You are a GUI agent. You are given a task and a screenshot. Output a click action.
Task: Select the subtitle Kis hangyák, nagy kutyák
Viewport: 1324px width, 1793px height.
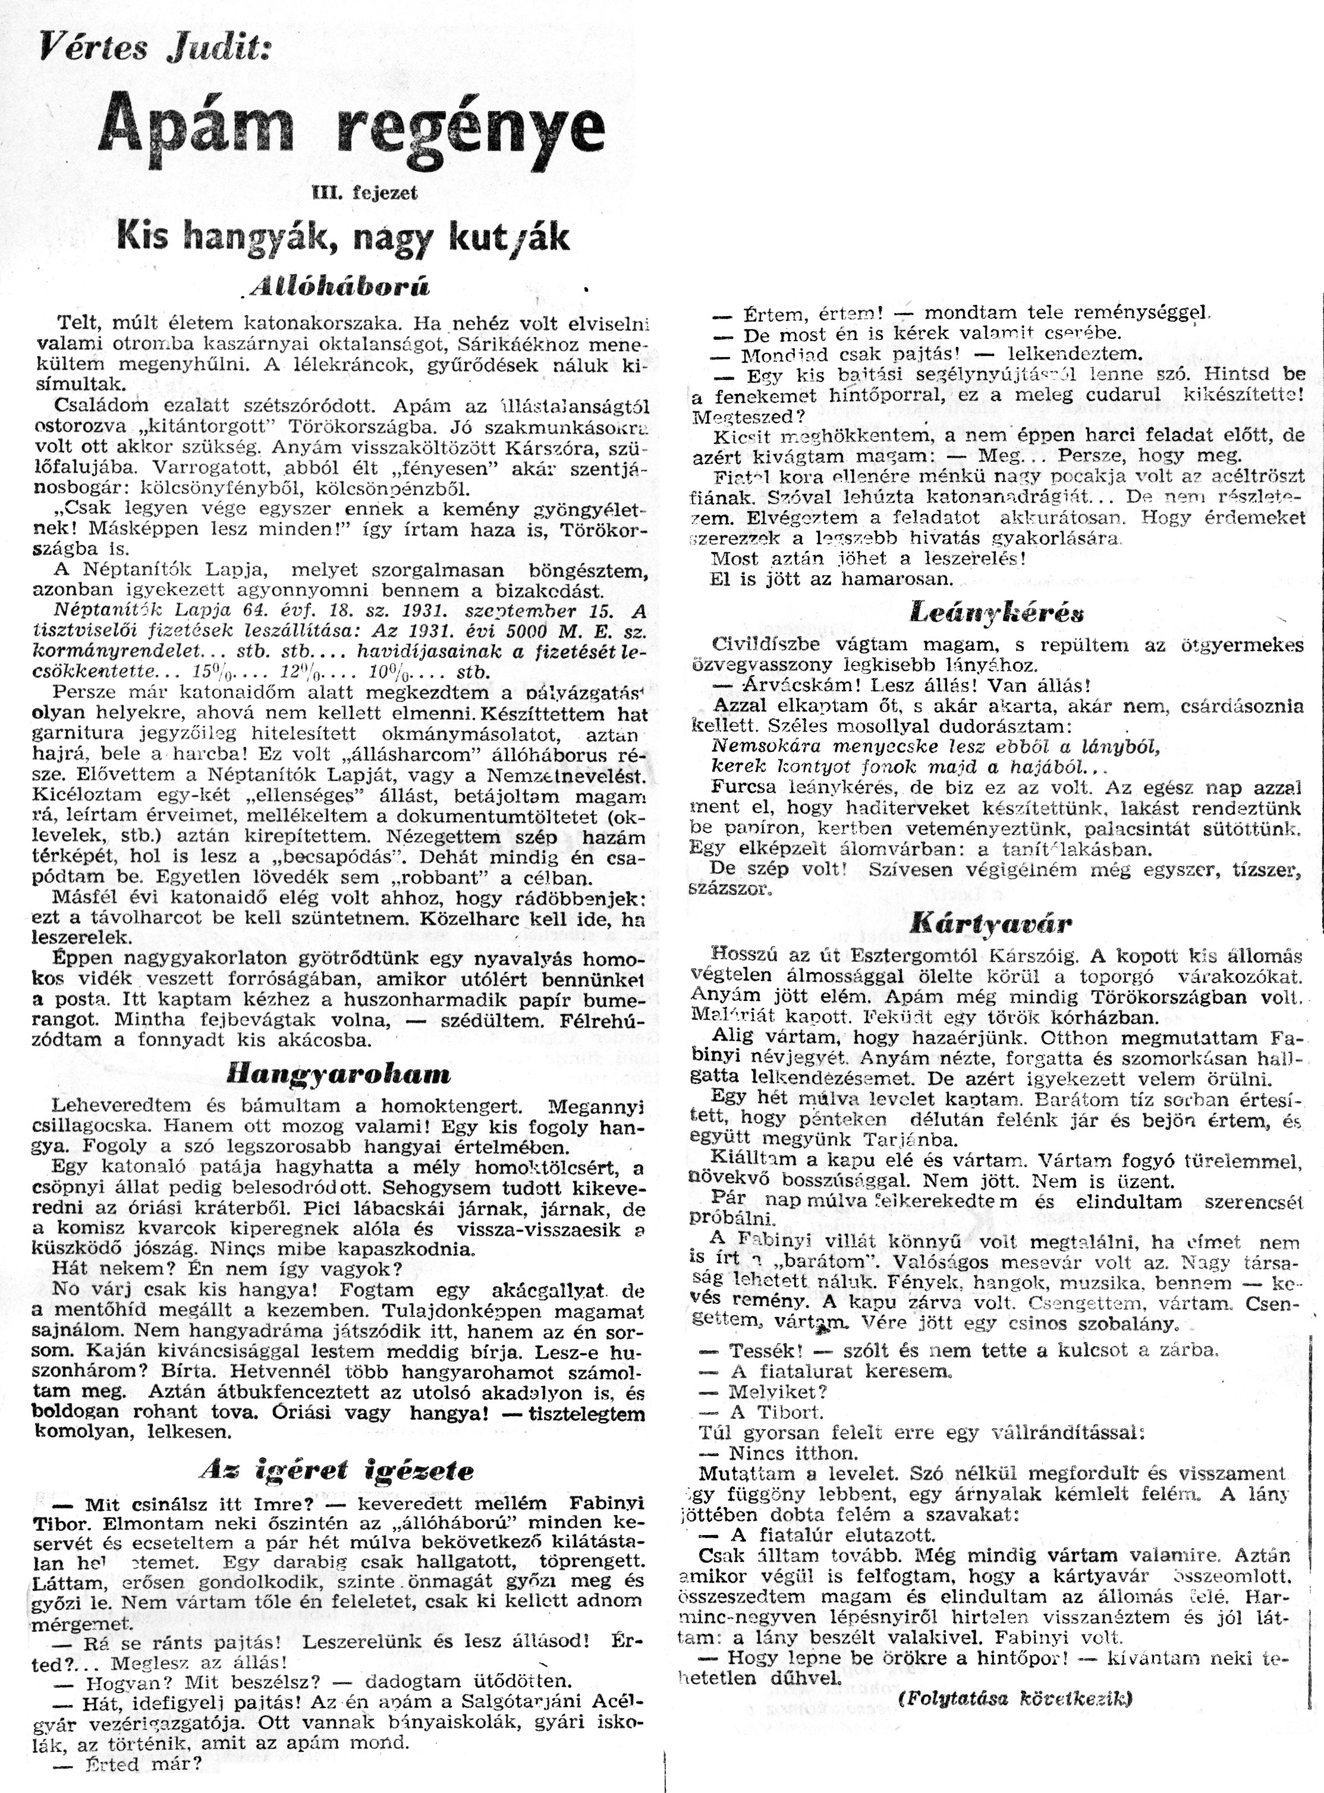344,238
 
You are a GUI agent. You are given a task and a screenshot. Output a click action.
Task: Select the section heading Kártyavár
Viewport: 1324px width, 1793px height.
990,924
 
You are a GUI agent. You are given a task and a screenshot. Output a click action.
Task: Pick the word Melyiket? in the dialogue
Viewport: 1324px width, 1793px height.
778,1392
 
